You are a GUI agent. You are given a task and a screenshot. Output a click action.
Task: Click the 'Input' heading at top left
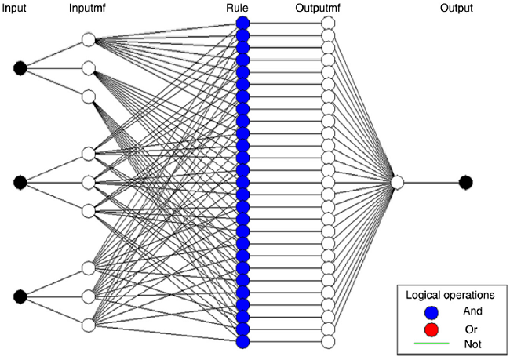point(16,9)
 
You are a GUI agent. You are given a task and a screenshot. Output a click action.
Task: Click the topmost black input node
point(20,68)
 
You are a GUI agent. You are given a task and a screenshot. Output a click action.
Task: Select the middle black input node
point(20,182)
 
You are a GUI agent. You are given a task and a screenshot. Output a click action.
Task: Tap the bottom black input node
point(20,296)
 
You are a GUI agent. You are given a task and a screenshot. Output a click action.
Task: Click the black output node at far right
point(466,182)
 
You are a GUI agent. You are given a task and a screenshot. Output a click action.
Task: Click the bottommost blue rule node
point(242,341)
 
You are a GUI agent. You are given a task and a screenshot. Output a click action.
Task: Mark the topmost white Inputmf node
point(88,40)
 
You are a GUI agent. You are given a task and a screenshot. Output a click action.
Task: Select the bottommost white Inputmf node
point(88,324)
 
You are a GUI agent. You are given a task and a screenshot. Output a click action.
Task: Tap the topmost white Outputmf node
point(329,24)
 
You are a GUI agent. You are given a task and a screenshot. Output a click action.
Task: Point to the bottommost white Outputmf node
point(329,341)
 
